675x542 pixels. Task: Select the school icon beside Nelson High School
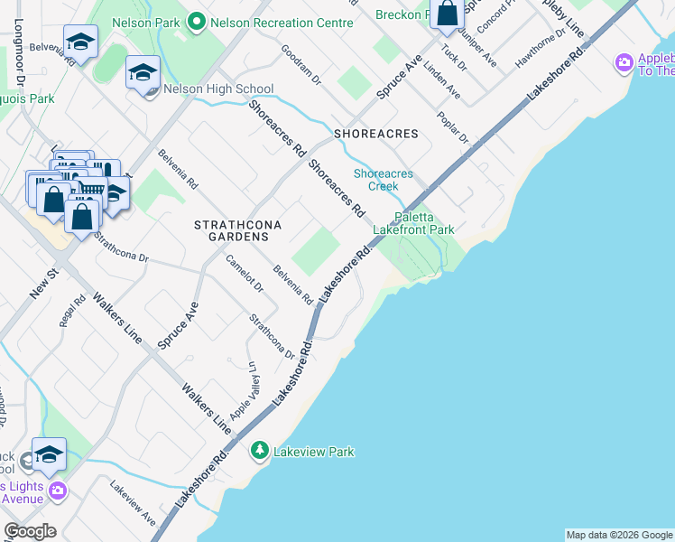(x=143, y=73)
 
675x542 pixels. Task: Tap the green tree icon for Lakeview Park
(x=260, y=450)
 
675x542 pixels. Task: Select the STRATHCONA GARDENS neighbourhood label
(x=233, y=229)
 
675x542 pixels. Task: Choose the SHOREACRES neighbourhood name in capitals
(x=376, y=134)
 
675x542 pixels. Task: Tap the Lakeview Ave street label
(x=133, y=501)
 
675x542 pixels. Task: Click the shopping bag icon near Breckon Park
(x=447, y=13)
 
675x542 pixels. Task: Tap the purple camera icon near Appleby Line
(x=623, y=63)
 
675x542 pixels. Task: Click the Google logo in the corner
(x=30, y=531)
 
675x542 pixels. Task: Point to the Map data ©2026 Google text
(x=618, y=535)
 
